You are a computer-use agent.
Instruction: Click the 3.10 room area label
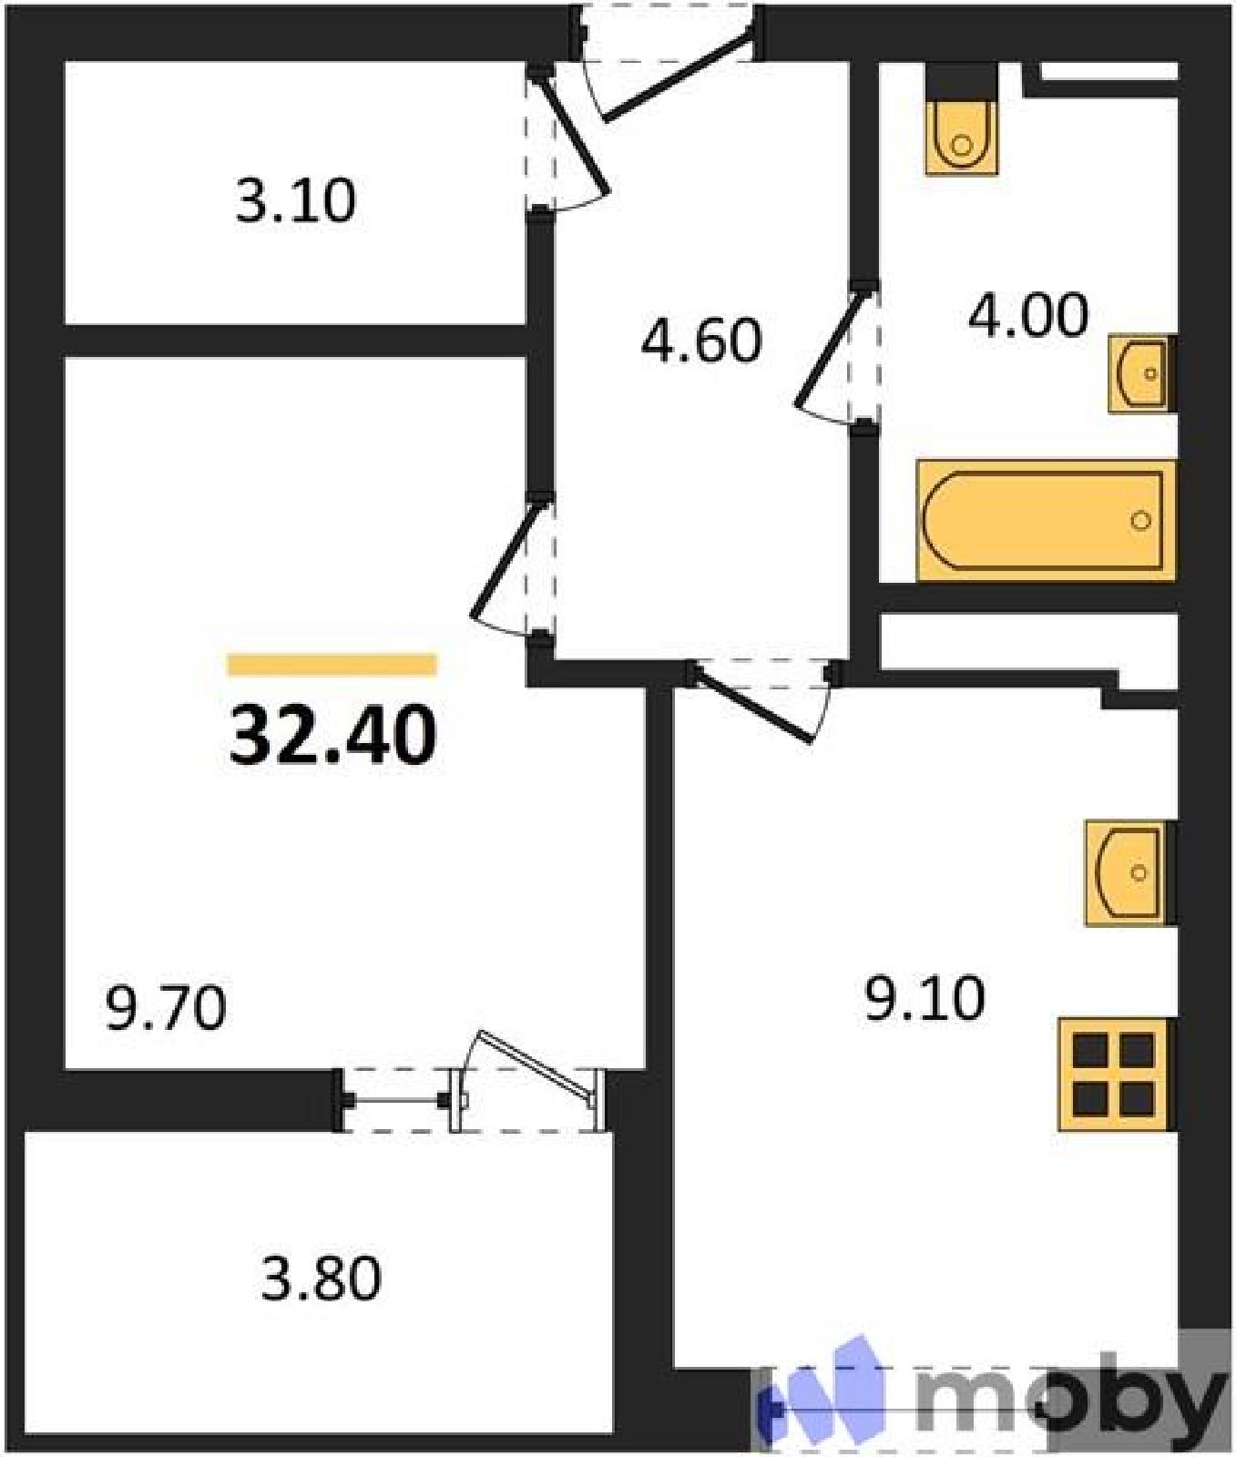[295, 201]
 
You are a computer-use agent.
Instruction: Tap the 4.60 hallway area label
[700, 341]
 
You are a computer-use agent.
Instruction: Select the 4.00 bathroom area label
[1028, 315]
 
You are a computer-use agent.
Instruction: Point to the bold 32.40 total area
[332, 736]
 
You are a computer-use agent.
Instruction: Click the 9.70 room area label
[166, 1008]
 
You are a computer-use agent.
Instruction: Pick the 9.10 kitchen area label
[924, 998]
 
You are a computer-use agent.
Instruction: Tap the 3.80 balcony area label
[321, 1278]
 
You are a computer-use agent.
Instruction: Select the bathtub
[1047, 520]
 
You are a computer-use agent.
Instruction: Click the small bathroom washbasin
[1139, 373]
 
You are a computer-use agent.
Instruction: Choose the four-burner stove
[1114, 1075]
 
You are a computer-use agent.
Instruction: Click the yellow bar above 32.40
[332, 665]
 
